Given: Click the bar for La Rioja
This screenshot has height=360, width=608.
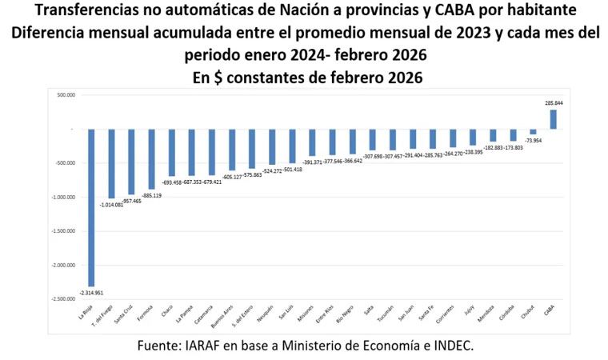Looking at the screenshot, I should (x=92, y=208).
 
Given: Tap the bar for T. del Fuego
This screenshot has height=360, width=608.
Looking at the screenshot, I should (x=112, y=163).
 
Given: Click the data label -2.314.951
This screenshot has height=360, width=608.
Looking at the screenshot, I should (x=90, y=293).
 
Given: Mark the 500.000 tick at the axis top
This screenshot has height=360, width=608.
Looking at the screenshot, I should (x=65, y=94).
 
